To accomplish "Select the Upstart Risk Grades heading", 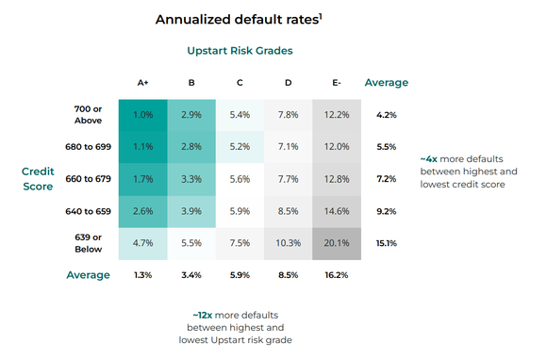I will tap(240, 49).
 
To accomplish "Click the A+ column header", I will tap(143, 83).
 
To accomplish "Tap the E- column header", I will tap(337, 83).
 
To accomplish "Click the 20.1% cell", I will tap(337, 243).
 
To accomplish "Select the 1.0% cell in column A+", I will tap(143, 115).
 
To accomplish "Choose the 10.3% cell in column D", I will tap(289, 243).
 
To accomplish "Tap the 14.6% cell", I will tap(337, 211).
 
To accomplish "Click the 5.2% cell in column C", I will tap(240, 147).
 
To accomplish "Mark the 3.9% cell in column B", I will tap(191, 211).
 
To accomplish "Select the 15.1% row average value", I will tap(386, 243).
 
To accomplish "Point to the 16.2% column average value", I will tap(337, 275).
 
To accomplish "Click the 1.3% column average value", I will tap(143, 275).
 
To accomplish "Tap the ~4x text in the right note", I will tap(429, 160).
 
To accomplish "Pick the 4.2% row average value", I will tap(386, 115).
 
